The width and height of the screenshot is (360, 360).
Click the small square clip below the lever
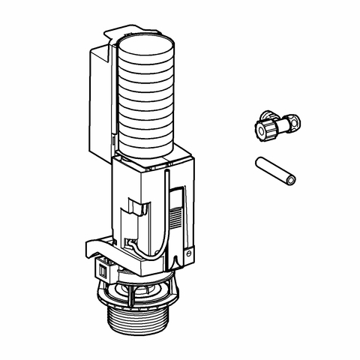pyautogui.click(x=102, y=268)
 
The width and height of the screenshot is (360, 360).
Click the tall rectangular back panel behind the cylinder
pyautogui.click(x=100, y=97)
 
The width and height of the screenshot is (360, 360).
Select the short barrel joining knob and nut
pyautogui.click(x=278, y=123)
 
